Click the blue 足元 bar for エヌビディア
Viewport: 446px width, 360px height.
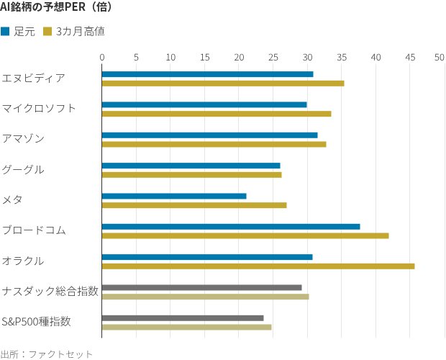coord(207,74)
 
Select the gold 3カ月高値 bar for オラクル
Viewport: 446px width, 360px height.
coord(258,266)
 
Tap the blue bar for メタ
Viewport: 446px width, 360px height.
coord(174,196)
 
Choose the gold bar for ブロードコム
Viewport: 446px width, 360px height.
coord(245,235)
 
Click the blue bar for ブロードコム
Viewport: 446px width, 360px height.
coord(231,227)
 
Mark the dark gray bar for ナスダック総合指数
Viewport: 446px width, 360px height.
coord(201,287)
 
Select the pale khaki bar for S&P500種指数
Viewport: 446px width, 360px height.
coord(186,327)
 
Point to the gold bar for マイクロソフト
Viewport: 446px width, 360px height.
coord(217,114)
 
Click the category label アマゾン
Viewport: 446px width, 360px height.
coord(23,138)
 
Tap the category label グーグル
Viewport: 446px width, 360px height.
coord(23,169)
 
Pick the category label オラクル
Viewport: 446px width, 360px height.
coord(23,261)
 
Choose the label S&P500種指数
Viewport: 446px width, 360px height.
coord(37,321)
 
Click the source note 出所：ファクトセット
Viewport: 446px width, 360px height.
coord(47,354)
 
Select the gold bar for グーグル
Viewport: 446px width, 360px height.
coord(191,174)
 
